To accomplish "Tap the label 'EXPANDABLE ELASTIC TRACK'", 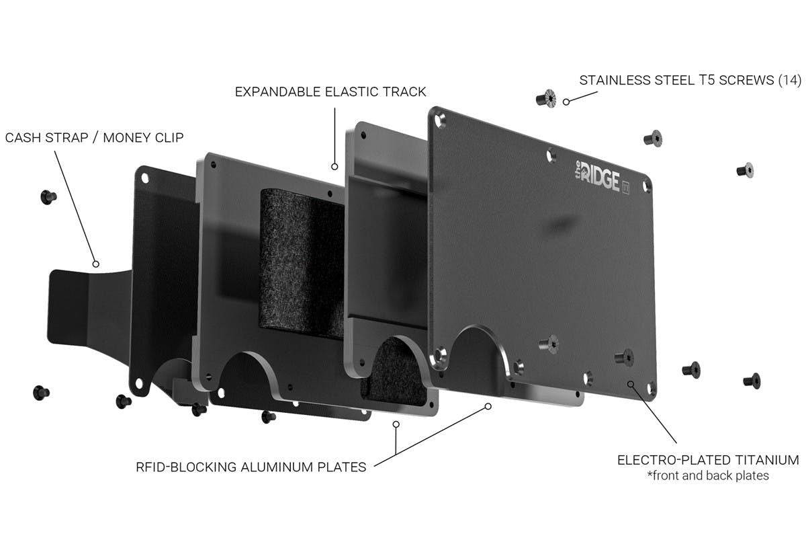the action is pos(330,92).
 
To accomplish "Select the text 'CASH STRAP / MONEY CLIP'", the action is pos(94,138).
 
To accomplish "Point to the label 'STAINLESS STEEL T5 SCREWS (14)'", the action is pos(690,80).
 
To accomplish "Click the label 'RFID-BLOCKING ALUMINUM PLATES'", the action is pos(251,467).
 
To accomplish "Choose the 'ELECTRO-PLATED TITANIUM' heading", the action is pos(708,460).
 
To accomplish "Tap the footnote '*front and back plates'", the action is pos(708,475).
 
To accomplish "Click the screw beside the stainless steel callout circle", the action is pos(546,98).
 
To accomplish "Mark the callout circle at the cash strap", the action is pos(95,264).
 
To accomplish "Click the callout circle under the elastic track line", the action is pos(334,167).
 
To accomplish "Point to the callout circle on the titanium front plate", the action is pos(631,384).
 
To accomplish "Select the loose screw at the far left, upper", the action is pos(48,197).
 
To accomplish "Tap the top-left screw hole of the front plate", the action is pos(440,119).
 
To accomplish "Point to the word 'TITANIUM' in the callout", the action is pos(767,460).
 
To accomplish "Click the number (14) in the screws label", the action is pos(790,80).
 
